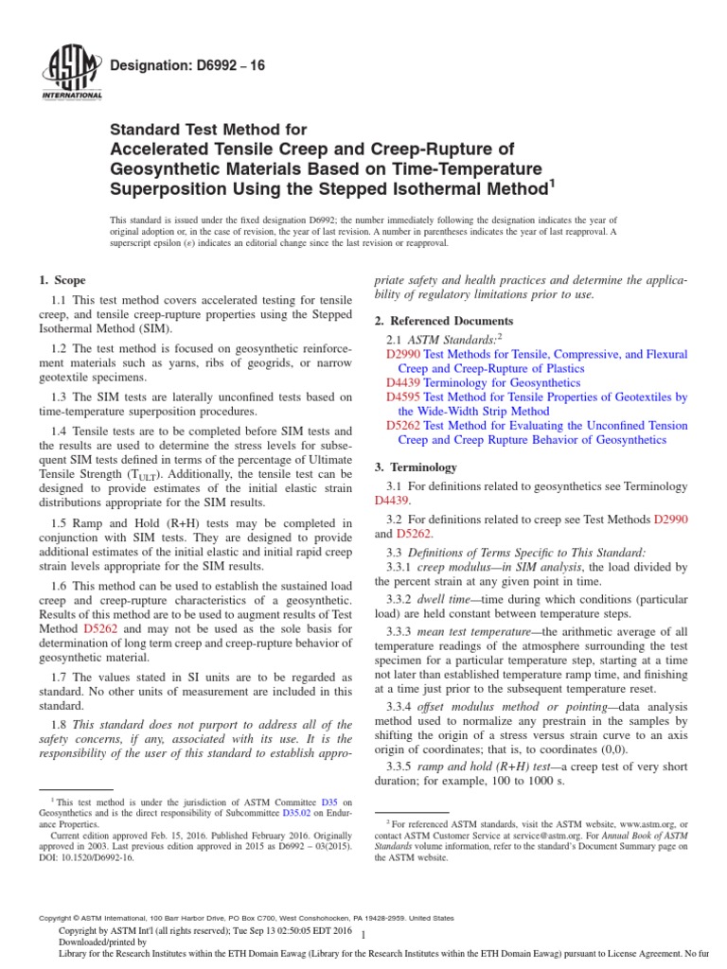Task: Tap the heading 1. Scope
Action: [x=62, y=280]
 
